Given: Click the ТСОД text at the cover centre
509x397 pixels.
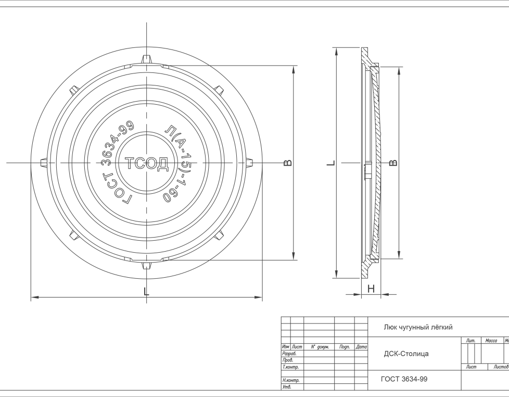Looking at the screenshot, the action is [147, 164].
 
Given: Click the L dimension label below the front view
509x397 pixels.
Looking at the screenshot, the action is [146, 291].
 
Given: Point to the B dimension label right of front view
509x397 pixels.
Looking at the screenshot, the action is [288, 163].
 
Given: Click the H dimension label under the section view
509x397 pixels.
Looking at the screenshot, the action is [371, 289].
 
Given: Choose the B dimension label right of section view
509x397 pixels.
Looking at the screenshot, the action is [393, 163].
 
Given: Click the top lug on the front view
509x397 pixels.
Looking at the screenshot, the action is [147, 60].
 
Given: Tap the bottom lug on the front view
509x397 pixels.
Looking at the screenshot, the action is [147, 265].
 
